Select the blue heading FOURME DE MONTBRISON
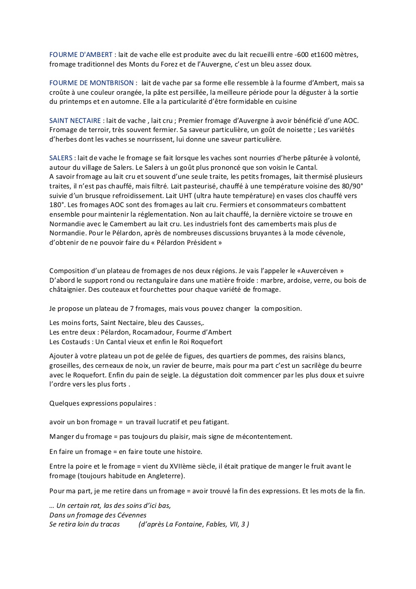(92, 83)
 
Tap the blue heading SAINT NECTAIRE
(76, 120)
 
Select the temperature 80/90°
(350, 186)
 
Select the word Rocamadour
(154, 333)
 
